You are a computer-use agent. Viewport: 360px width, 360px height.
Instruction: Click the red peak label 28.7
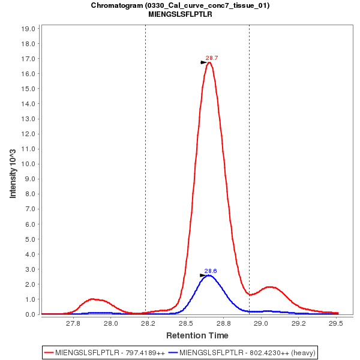(x=212, y=58)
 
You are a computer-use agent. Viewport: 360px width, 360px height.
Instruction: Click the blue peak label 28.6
(x=211, y=271)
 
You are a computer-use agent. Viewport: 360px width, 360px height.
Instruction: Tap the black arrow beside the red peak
(x=203, y=62)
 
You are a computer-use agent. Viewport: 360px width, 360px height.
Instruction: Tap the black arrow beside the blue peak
(x=203, y=275)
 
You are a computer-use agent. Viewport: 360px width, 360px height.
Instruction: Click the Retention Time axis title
(x=197, y=335)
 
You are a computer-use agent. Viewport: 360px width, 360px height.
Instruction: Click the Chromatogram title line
(x=180, y=5)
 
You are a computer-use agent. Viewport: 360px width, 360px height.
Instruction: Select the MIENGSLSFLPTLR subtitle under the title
(x=180, y=14)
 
